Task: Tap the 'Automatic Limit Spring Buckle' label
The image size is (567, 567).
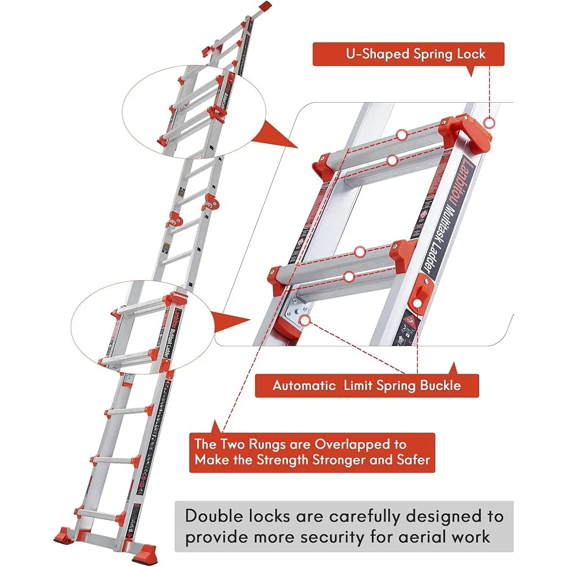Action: click(x=367, y=386)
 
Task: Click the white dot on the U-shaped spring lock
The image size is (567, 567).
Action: click(x=490, y=122)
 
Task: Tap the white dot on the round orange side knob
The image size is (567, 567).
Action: click(x=418, y=303)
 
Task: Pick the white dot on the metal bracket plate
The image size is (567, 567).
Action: click(x=305, y=320)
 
